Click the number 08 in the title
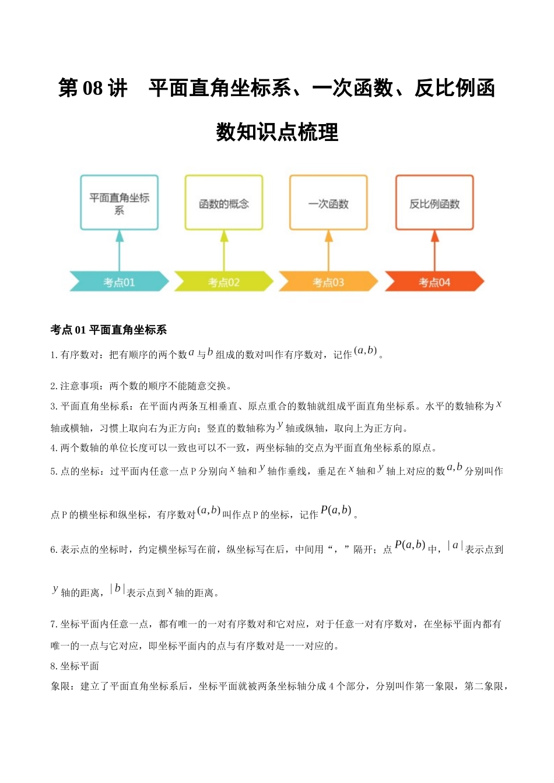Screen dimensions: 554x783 pos(93,89)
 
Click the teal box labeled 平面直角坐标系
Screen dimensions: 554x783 pos(120,203)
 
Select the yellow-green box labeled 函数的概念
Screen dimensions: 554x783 pos(224,203)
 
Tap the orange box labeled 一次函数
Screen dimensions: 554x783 pos(328,203)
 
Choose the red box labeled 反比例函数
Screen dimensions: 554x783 pos(434,203)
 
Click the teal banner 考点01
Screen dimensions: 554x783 pos(119,282)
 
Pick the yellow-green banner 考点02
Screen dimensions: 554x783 pos(224,282)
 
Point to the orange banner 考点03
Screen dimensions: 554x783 pos(328,282)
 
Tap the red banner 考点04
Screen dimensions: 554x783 pos(434,282)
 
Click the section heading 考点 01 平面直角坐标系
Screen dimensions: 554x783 pos(109,330)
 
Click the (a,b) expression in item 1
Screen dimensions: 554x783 pos(366,351)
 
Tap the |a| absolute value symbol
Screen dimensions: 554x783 pos(455,546)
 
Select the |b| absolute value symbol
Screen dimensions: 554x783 pos(117,589)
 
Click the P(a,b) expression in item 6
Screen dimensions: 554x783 pos(409,545)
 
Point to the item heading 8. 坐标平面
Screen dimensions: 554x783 pos(75,666)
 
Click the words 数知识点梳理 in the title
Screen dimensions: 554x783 pos(277,132)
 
